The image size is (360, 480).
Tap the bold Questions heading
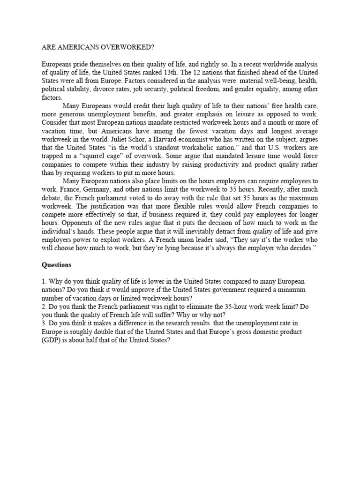pyautogui.click(x=56, y=265)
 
